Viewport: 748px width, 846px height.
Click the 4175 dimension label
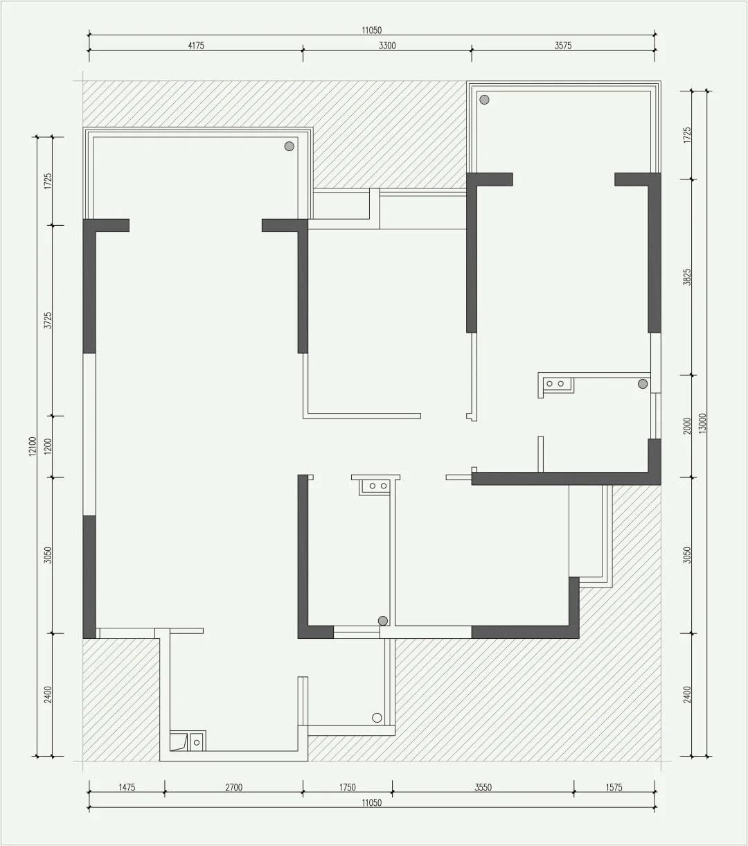[196, 46]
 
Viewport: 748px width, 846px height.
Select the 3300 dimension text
[387, 46]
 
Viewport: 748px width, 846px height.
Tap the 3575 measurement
[562, 46]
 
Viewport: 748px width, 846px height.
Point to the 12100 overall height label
[33, 446]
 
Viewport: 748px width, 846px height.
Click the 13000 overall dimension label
[702, 423]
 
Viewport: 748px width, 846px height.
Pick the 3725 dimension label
[48, 320]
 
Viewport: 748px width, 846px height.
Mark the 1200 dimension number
[48, 446]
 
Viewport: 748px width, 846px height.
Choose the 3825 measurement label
[687, 277]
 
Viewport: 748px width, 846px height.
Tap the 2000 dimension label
[687, 426]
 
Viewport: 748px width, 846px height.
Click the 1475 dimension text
[127, 787]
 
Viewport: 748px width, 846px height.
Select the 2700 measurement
[234, 787]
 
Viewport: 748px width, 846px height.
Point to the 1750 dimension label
[347, 787]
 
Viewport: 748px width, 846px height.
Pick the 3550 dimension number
[483, 787]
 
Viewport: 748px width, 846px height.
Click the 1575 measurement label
[614, 787]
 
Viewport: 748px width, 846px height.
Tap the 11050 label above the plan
[371, 30]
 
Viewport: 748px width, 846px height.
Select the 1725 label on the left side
[48, 182]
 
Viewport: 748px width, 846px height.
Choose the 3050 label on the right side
[687, 555]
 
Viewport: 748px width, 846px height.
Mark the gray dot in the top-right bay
[484, 100]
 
